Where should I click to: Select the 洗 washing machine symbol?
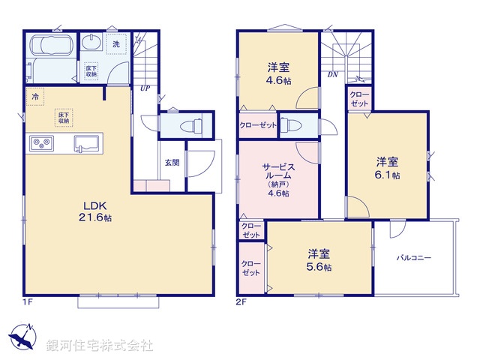click(115, 44)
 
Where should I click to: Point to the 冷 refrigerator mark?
click(34, 97)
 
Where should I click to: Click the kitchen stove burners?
click(40, 143)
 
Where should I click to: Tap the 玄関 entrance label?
click(172, 163)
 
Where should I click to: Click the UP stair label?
click(143, 88)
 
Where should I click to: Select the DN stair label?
click(331, 75)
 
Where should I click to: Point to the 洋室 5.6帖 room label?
click(319, 260)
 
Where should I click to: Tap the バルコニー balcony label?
click(414, 258)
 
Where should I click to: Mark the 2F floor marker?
click(241, 302)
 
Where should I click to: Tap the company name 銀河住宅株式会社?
click(99, 346)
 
